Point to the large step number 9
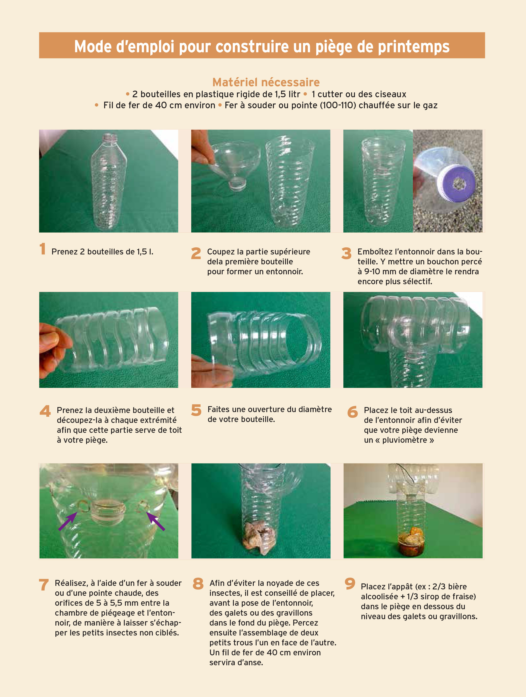350,584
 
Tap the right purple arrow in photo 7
155,521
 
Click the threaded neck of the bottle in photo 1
109,137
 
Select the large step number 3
346,253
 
